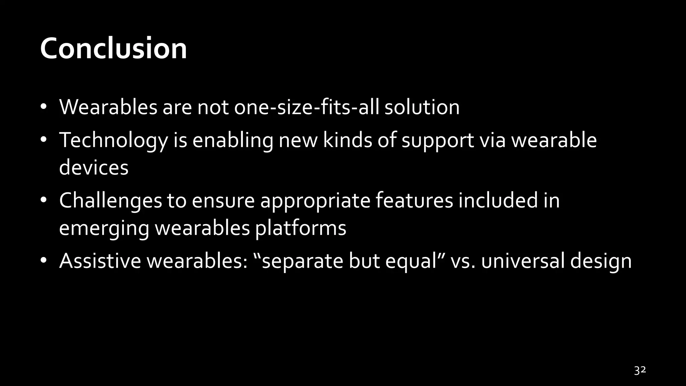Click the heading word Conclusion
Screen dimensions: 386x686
[x=113, y=49]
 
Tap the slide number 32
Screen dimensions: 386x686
[x=640, y=371]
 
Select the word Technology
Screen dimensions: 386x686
[x=113, y=140]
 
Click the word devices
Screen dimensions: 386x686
[x=94, y=168]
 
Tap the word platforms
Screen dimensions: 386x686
[x=300, y=229]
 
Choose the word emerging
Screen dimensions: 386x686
[x=104, y=229]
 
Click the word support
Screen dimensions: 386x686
[x=437, y=141]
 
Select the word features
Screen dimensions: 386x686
[x=414, y=200]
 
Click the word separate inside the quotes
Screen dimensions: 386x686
[x=302, y=261]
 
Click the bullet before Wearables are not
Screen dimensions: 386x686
[x=43, y=107]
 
